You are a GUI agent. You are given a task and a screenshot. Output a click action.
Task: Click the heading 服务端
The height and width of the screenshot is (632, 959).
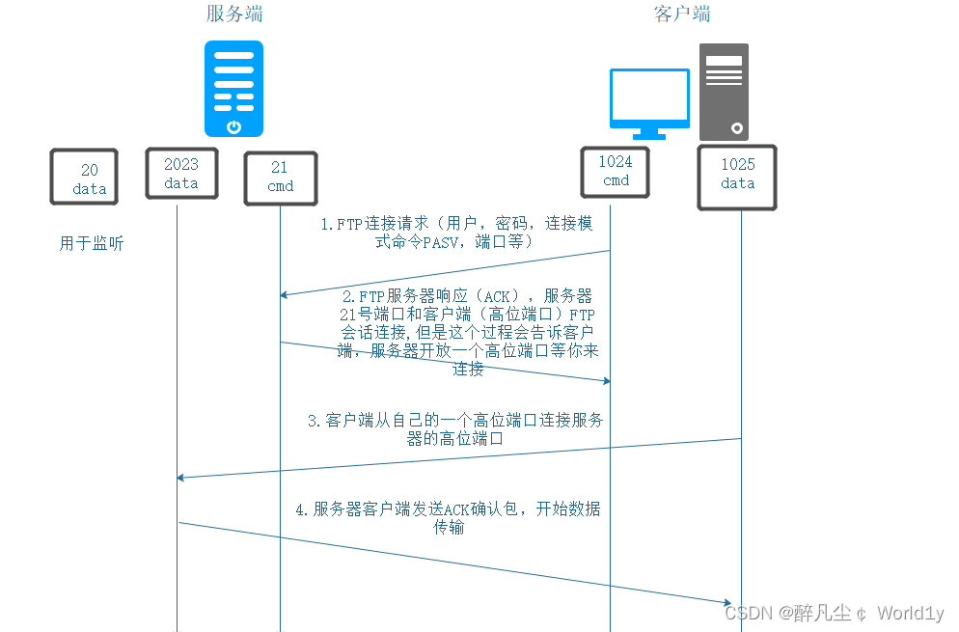click(x=233, y=14)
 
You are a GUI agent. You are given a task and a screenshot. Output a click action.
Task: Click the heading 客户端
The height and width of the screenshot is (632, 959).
click(x=682, y=14)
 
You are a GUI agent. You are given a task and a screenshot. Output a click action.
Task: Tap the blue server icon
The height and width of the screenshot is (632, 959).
click(x=233, y=88)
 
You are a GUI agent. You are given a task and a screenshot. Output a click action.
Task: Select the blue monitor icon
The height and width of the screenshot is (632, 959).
click(x=649, y=98)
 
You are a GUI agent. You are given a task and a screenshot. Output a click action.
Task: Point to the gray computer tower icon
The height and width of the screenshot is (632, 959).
click(x=724, y=92)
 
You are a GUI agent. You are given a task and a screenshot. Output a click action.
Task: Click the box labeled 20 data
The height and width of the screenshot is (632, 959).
click(x=85, y=178)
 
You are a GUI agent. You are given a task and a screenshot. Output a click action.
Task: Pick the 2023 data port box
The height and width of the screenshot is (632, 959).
click(x=180, y=174)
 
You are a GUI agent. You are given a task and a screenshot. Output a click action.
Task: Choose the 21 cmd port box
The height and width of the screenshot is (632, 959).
click(x=280, y=177)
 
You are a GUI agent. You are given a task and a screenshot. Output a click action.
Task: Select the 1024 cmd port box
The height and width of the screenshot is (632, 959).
click(x=616, y=172)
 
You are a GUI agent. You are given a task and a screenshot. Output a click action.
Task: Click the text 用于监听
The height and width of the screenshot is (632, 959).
click(x=92, y=244)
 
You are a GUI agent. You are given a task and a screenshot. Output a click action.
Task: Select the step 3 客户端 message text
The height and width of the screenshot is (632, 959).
click(x=455, y=429)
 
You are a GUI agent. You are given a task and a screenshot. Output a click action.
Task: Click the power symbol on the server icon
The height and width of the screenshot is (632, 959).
click(x=233, y=126)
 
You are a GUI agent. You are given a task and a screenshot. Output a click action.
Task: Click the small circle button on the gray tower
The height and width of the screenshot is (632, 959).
click(x=737, y=127)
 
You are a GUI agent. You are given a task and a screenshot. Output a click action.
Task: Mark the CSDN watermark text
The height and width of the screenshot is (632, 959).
click(x=834, y=613)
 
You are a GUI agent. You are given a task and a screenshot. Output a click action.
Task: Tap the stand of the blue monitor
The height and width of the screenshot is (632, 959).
click(x=649, y=133)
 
